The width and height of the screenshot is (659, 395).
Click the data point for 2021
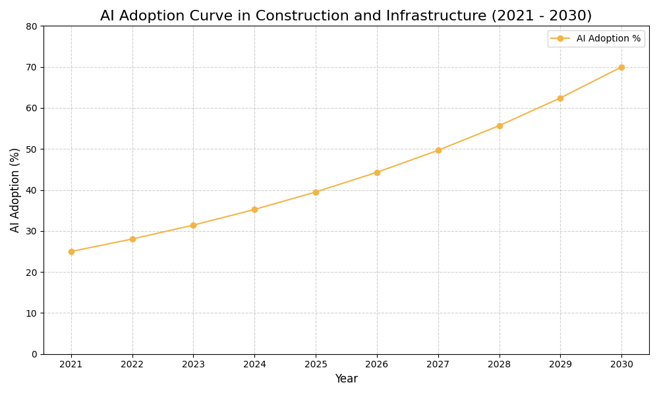point(71,251)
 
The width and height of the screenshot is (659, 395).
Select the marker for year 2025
point(316,192)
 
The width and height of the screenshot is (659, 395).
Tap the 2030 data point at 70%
point(621,67)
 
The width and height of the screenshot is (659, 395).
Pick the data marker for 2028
point(500,126)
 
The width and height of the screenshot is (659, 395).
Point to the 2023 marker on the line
point(193,225)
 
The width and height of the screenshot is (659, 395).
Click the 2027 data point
point(438,150)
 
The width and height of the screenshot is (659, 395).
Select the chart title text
point(346,16)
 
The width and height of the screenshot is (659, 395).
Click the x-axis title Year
point(346,379)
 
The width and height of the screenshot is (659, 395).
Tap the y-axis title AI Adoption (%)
point(15,190)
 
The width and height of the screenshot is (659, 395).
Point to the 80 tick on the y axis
point(32,26)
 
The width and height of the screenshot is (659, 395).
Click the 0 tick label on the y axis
point(34,354)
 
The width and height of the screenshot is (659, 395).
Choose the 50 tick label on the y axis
point(32,149)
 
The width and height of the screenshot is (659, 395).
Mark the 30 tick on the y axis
point(32,231)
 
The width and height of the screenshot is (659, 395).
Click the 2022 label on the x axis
point(132,364)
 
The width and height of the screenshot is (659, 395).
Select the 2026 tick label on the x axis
point(377,364)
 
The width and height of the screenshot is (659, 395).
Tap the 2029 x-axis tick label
point(560,364)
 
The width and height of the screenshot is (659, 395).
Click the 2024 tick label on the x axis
point(254,364)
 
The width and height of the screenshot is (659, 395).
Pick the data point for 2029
point(560,98)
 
